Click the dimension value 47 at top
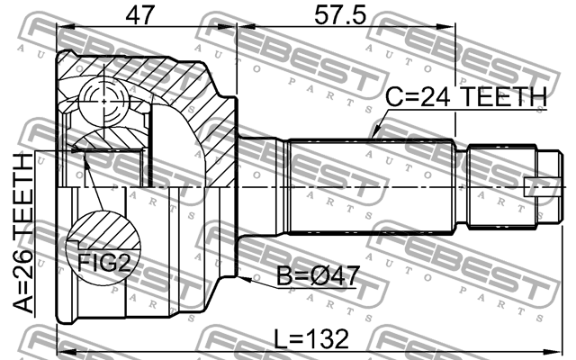[139, 15]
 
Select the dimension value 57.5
[339, 15]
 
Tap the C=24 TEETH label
[466, 96]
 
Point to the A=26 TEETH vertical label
[22, 233]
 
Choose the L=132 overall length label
[311, 338]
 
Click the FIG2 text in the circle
[104, 262]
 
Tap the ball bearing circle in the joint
[104, 101]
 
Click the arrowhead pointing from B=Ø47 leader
[244, 279]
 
